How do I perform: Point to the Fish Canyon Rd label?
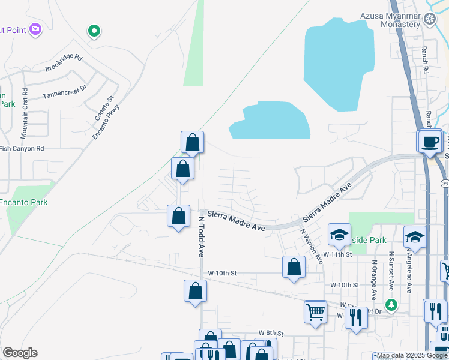(x=22, y=148)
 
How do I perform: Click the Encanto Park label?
(x=23, y=202)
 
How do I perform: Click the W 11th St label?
(x=337, y=254)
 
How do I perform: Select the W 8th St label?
(x=270, y=332)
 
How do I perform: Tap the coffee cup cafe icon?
(x=430, y=142)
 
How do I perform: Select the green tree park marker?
(x=391, y=305)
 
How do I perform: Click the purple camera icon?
(x=35, y=28)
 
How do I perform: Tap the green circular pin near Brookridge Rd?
(x=93, y=29)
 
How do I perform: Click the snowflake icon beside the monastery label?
(x=430, y=19)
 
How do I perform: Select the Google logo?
(x=20, y=353)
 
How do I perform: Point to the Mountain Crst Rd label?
(x=25, y=104)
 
